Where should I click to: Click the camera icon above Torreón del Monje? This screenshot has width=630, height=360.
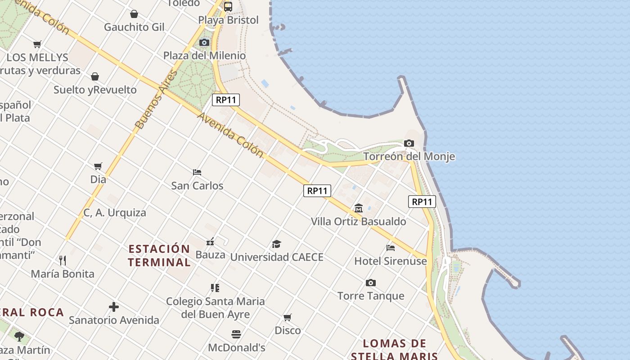coord(409,144)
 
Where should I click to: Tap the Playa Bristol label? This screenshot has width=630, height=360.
coord(229,20)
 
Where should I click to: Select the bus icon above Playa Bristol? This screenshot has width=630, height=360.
coord(228,6)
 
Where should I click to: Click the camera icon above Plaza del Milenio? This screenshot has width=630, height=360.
coord(204,42)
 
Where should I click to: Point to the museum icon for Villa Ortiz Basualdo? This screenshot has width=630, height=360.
coord(359,208)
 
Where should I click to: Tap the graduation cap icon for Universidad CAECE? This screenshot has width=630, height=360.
coord(276,244)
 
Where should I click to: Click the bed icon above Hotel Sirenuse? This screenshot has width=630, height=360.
coord(391,247)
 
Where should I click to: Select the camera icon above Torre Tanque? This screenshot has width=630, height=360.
coord(371,283)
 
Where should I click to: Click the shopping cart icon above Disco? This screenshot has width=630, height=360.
coord(288,317)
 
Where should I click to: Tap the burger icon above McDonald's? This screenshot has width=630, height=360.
coord(236,334)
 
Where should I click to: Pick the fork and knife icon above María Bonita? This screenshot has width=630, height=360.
coord(63,260)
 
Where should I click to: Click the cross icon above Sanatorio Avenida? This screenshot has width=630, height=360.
coord(114,307)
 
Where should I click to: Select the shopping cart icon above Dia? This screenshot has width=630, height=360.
coord(98,166)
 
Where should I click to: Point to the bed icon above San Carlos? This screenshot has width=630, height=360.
coord(197,172)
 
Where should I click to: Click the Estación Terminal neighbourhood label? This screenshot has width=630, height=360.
coord(159,255)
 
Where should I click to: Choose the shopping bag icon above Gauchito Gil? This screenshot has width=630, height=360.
coord(134,14)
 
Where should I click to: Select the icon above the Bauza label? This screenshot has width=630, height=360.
coord(210,242)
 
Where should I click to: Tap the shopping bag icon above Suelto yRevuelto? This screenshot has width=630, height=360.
coord(95,76)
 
